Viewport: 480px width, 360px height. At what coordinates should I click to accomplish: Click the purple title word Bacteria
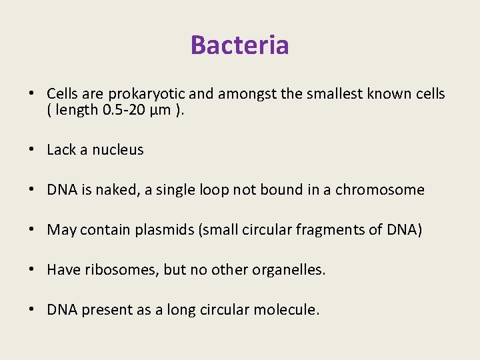click(239, 45)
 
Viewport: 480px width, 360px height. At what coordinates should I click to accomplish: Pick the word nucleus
click(118, 150)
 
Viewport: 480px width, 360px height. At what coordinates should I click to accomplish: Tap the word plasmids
click(161, 230)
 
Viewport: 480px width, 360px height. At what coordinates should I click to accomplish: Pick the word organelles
click(289, 270)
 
